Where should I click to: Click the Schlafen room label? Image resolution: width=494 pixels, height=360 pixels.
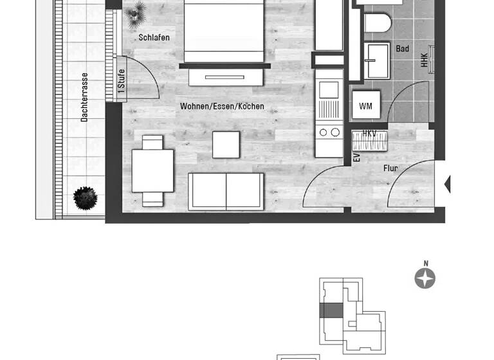tap(154, 37)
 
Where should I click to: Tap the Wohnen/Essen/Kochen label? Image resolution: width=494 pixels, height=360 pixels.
tap(222, 106)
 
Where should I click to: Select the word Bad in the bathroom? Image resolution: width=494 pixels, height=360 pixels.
tap(403, 49)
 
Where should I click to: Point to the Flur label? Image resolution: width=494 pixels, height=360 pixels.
tap(390, 168)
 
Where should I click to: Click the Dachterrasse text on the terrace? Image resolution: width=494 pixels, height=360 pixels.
tap(84, 97)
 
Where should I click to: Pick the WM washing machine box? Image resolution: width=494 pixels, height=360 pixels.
tap(365, 105)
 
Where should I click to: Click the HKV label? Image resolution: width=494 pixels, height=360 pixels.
tap(369, 134)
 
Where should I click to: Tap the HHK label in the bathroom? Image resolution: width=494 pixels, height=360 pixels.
tap(424, 60)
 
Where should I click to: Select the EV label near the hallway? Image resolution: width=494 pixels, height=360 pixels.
tap(356, 157)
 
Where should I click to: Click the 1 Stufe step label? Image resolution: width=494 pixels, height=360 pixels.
tap(121, 81)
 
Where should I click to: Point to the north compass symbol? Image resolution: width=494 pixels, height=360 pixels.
tap(425, 278)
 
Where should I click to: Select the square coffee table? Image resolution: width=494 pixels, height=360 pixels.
tap(226, 145)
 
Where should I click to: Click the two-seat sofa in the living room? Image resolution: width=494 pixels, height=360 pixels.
tap(226, 191)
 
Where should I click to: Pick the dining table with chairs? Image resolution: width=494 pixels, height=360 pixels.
tap(152, 170)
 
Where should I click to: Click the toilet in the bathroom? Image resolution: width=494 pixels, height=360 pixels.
tap(378, 23)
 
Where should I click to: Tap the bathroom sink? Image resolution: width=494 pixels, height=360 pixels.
tap(376, 60)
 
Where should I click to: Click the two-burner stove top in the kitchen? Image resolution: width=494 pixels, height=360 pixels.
tap(330, 132)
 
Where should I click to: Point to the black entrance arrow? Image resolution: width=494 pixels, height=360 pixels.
tap(448, 184)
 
